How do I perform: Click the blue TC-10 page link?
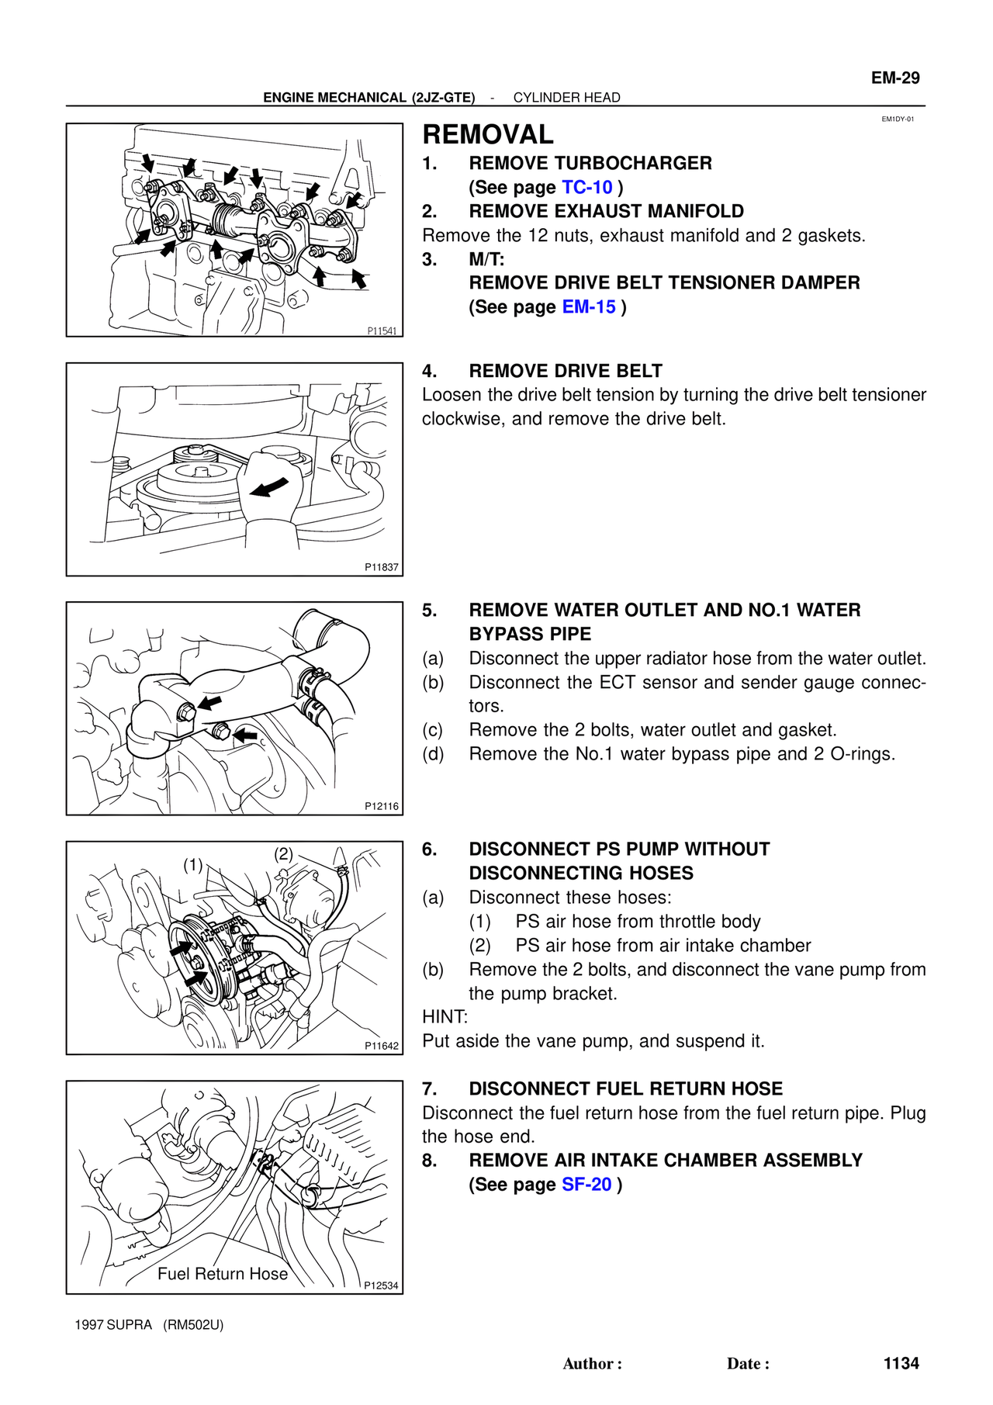586,188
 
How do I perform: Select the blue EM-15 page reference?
589,307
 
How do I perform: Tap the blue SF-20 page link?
586,1185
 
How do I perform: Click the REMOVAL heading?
487,135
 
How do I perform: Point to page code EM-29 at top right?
894,78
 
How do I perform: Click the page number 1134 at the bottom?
901,1363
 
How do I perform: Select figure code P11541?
382,331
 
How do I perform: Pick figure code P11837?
382,567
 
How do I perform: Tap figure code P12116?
382,806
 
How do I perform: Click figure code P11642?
382,1046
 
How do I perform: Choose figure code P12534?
381,1286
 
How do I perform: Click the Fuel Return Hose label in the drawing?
223,1274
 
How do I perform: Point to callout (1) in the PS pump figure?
192,865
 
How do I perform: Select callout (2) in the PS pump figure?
283,854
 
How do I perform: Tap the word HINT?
445,1017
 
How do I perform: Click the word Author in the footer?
591,1364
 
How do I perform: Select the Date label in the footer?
747,1364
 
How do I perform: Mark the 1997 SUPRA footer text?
113,1324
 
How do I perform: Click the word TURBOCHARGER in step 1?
633,164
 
